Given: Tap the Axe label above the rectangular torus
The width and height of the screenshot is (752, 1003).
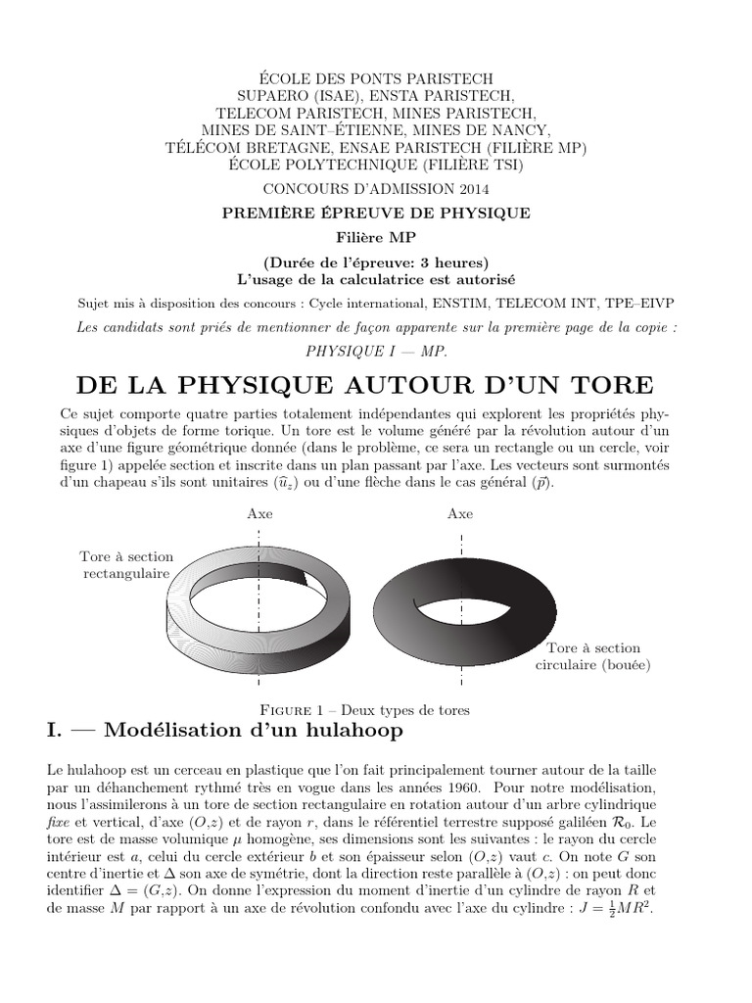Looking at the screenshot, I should pyautogui.click(x=259, y=513).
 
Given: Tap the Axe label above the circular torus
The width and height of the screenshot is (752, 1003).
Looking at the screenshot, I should pyautogui.click(x=459, y=513).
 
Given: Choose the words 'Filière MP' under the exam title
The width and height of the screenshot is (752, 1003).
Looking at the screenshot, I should pyautogui.click(x=376, y=236).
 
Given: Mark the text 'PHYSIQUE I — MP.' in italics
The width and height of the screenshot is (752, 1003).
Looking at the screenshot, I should pyautogui.click(x=376, y=350).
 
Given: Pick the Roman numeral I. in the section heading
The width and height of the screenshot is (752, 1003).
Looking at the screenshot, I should pyautogui.click(x=57, y=731).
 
